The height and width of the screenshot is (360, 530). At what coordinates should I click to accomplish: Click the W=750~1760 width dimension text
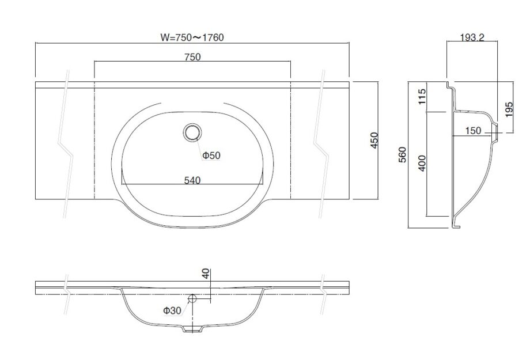coord(192,37)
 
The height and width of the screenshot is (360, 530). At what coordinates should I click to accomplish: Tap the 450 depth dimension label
coord(374,140)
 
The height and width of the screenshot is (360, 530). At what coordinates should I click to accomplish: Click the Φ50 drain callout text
coord(211,155)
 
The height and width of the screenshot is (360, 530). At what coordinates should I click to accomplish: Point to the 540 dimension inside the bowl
coord(192,180)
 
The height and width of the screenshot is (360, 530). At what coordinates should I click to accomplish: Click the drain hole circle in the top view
coord(192,132)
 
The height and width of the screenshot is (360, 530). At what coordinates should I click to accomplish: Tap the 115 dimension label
coord(422,96)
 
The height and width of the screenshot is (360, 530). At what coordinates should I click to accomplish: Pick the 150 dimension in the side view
coord(472,131)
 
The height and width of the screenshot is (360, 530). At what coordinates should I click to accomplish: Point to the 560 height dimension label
coord(403,156)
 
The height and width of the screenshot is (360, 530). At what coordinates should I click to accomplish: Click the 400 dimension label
coord(422,163)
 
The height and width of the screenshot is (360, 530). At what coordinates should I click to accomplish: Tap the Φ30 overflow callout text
coord(172,310)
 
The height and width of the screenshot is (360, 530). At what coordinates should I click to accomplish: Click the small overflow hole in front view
coord(193,298)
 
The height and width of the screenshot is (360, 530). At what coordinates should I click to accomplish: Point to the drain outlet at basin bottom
coord(192,329)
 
